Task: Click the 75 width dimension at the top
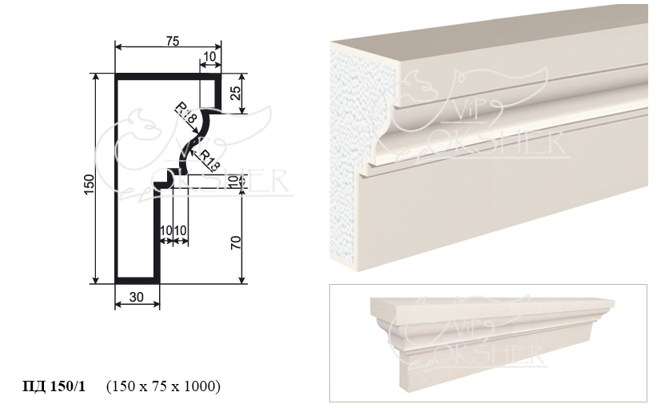(x=173, y=41)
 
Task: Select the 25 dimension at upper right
(x=236, y=93)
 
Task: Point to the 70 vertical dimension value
(x=236, y=242)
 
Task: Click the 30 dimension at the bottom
(x=137, y=297)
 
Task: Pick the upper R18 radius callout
(x=186, y=112)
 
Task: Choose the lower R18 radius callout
(x=209, y=160)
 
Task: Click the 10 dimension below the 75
(x=210, y=56)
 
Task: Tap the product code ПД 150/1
(x=54, y=386)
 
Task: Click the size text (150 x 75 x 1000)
(x=163, y=386)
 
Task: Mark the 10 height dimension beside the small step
(x=236, y=181)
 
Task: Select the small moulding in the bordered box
(x=492, y=341)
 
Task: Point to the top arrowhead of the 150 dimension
(x=96, y=77)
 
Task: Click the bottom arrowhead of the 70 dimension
(x=241, y=280)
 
